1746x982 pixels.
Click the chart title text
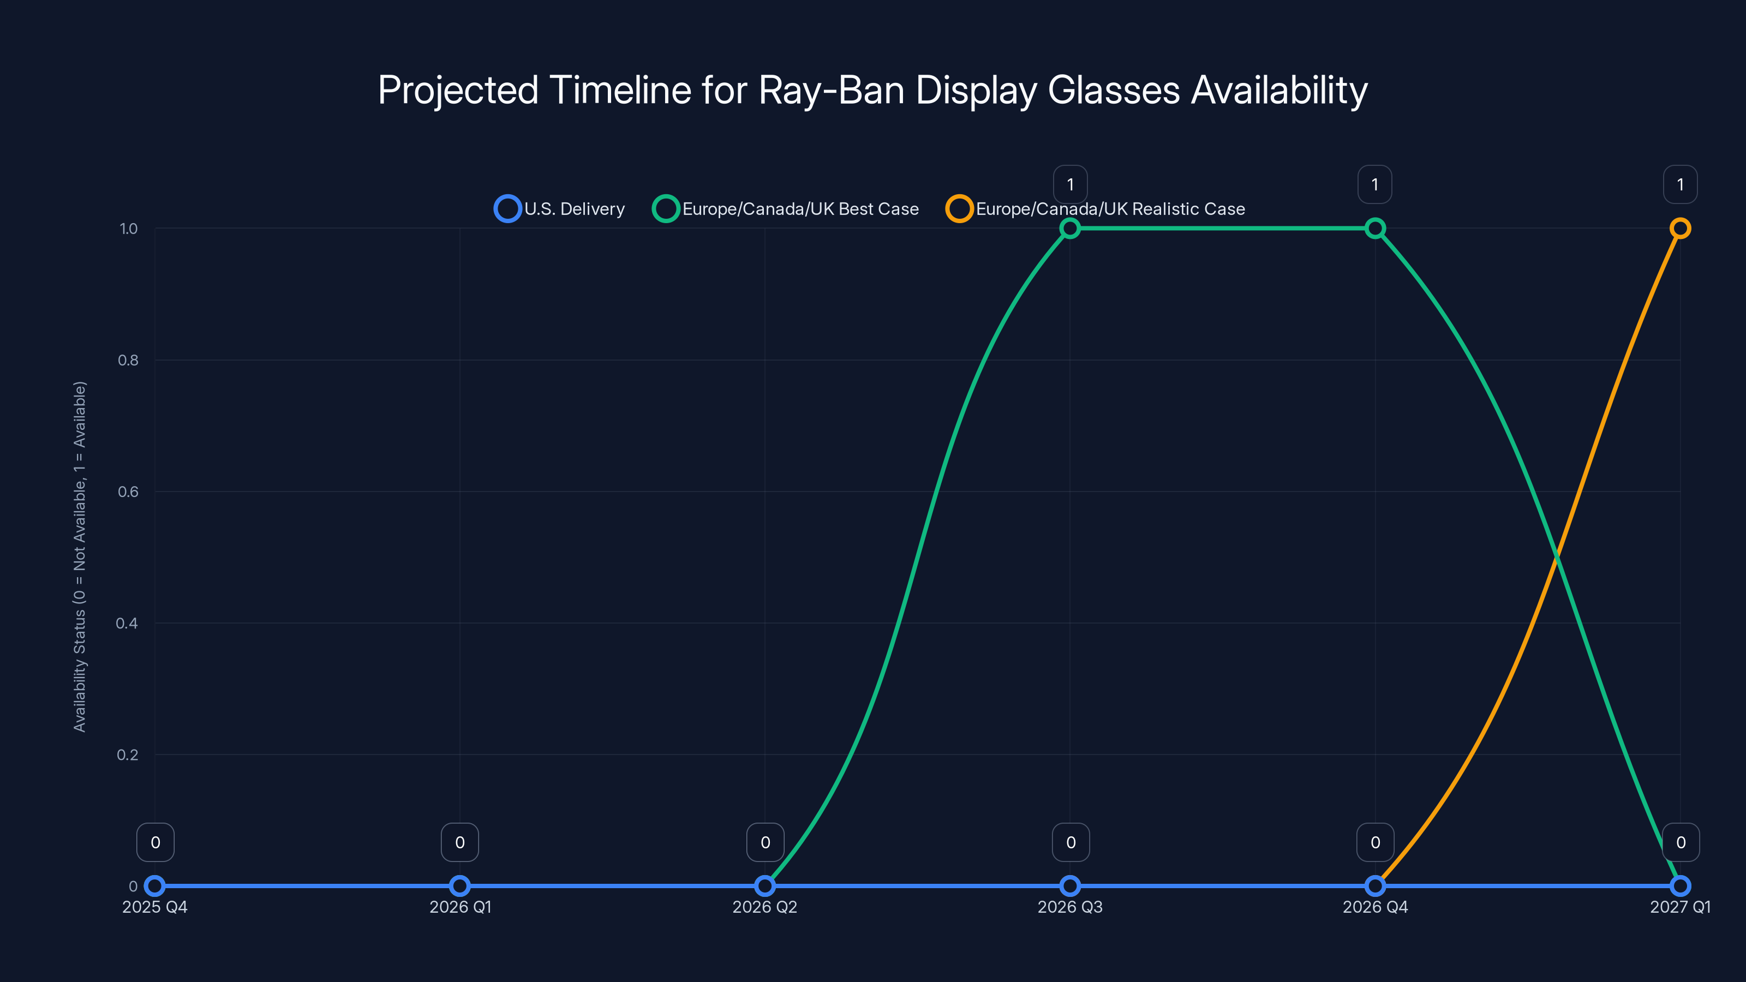pyautogui.click(x=872, y=90)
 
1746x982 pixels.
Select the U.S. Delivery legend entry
pyautogui.click(x=560, y=209)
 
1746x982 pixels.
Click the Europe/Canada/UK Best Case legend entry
pyautogui.click(x=786, y=209)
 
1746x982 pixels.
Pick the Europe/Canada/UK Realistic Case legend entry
pyautogui.click(x=1096, y=209)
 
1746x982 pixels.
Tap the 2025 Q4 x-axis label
pyautogui.click(x=154, y=907)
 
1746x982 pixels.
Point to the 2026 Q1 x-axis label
pyautogui.click(x=460, y=907)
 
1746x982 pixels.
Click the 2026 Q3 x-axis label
pyautogui.click(x=1069, y=907)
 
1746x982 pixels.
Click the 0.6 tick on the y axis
pyautogui.click(x=128, y=492)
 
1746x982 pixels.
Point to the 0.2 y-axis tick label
pyautogui.click(x=128, y=755)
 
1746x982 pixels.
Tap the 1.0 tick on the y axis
pyautogui.click(x=128, y=229)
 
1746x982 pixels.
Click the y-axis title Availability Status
pyautogui.click(x=80, y=556)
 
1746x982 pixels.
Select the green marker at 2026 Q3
pyautogui.click(x=1069, y=229)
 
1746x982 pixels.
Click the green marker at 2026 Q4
pyautogui.click(x=1374, y=229)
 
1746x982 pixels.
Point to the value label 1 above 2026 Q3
pyautogui.click(x=1070, y=184)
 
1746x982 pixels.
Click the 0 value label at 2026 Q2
pyautogui.click(x=765, y=842)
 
